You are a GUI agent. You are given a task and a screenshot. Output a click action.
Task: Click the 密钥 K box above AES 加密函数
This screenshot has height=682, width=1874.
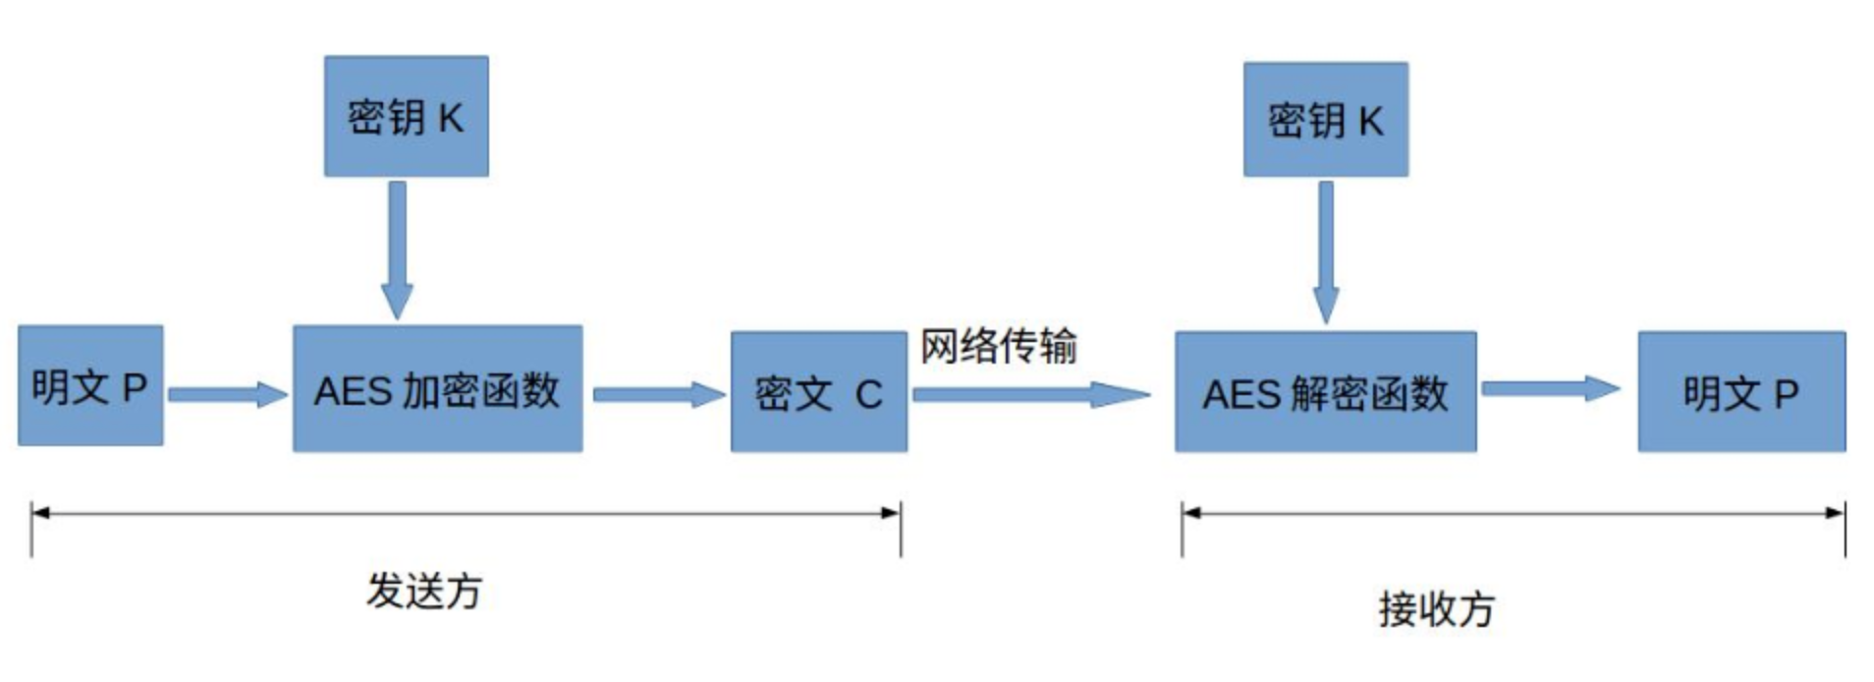[406, 116]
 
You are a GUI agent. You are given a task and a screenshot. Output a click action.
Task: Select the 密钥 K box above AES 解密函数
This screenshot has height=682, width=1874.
[1325, 120]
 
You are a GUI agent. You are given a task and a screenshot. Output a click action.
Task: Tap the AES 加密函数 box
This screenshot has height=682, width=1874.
[437, 389]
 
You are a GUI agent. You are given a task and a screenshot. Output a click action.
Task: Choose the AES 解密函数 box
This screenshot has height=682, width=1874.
[1325, 392]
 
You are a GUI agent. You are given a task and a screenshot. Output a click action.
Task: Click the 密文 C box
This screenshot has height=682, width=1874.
[818, 392]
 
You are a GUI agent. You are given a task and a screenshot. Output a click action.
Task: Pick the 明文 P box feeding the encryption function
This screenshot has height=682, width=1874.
[90, 386]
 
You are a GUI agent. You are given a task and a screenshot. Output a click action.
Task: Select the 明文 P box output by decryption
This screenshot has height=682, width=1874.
[1740, 392]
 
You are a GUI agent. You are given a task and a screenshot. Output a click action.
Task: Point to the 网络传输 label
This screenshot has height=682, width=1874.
[998, 346]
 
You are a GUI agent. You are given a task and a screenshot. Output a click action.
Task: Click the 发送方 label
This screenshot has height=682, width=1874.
[424, 591]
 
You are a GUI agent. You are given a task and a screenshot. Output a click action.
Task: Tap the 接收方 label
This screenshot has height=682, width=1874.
[1435, 609]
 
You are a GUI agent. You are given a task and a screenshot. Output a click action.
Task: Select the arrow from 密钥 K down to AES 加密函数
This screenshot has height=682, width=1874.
[397, 249]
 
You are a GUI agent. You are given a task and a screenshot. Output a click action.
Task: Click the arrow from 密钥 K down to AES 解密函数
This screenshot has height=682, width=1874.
[1326, 252]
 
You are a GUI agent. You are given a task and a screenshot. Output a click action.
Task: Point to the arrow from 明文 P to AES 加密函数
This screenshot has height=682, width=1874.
[227, 394]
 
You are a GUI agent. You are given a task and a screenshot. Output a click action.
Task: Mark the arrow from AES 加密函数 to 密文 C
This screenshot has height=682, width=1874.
[656, 394]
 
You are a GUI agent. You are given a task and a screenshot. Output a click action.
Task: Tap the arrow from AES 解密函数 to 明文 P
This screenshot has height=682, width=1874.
[1549, 389]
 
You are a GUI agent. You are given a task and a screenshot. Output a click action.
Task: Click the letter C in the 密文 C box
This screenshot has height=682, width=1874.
[867, 395]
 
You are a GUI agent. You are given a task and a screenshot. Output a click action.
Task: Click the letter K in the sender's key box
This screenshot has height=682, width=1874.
[450, 118]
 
